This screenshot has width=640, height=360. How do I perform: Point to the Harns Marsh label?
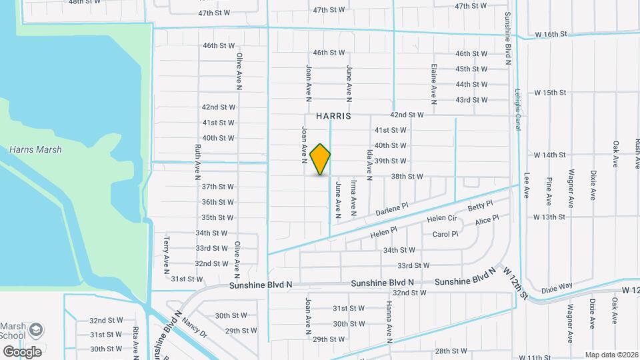point(35,150)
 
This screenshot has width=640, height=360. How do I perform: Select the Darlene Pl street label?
point(391,210)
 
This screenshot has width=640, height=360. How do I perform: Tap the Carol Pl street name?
point(445,234)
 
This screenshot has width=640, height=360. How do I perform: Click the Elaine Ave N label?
point(434,85)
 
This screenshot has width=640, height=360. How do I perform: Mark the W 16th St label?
point(551,34)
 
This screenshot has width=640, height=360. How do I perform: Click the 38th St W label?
point(407,177)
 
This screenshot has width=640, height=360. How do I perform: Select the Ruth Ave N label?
point(198,162)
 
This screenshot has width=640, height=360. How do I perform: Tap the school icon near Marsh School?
point(36,331)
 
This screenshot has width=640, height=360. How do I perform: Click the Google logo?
point(22,351)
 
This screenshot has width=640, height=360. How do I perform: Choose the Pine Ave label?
point(549,191)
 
